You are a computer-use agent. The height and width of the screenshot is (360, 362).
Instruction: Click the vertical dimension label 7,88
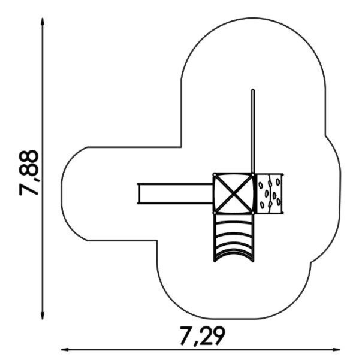(x=29, y=173)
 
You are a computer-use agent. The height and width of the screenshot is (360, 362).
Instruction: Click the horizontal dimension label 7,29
(x=202, y=336)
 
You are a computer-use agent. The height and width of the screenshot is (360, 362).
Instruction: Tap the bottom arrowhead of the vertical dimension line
(x=42, y=316)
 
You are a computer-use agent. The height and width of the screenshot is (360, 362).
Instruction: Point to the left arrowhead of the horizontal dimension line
(x=65, y=350)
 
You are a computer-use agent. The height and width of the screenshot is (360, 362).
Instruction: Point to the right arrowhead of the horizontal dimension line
(x=336, y=350)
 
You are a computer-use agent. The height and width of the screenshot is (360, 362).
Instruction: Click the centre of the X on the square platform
(x=234, y=193)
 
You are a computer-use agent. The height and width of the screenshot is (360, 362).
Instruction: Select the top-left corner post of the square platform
(x=215, y=174)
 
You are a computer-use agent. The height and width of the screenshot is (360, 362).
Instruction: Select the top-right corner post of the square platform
(x=253, y=174)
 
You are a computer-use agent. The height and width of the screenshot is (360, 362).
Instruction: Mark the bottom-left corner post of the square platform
(x=215, y=213)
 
